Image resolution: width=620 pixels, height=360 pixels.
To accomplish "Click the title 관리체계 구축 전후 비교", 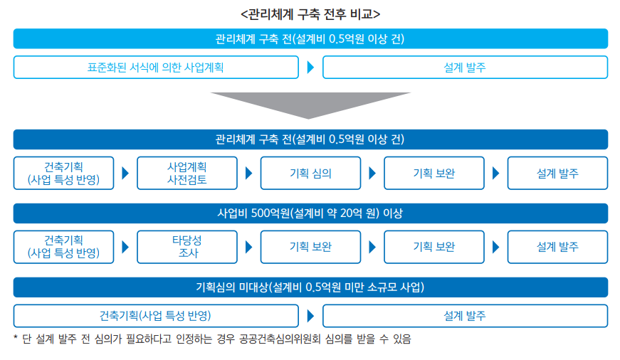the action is coord(310,14).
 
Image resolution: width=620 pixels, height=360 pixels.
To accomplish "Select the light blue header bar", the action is coord(310,38).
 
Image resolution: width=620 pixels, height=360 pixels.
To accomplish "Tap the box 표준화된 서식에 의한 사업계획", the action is coord(156,67).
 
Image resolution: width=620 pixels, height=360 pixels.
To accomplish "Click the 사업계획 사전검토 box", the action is coord(187,173).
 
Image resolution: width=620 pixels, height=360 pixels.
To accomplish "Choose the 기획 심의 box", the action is coord(310,173).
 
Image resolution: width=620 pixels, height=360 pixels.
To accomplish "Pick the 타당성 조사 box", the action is coord(187,247).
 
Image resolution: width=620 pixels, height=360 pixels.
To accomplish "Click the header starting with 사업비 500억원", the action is coord(310,213).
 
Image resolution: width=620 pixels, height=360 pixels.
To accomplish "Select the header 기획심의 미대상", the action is coord(310,287).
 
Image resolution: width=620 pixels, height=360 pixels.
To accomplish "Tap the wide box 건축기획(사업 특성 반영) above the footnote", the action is coord(156,316).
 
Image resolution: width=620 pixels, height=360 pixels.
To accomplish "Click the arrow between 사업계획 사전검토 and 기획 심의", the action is coord(248,173).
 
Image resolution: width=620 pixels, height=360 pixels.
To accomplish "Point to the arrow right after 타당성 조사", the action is coord(248,247).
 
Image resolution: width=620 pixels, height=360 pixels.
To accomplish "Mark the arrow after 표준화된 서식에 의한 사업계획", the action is coord(310,67).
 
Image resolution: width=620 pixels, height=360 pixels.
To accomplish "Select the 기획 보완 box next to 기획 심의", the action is coord(434,173).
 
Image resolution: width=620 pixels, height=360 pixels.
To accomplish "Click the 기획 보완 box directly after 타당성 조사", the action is coord(310,247).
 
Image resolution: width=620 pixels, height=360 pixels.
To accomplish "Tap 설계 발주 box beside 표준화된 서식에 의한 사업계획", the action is coord(465,67).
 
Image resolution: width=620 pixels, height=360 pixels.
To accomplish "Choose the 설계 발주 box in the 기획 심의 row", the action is coord(557,173).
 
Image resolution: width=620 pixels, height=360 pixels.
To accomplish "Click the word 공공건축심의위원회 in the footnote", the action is coord(280,339).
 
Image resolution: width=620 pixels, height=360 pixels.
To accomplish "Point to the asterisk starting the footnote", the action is coord(16,338).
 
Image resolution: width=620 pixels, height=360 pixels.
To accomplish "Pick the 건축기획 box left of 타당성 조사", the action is coord(63,247).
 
